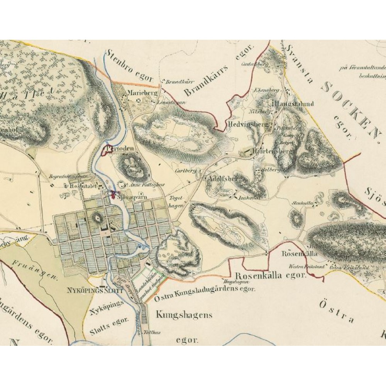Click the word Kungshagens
coord(184,315)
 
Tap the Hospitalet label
coord(79,186)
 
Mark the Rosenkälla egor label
coord(270,276)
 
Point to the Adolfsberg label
coord(223,179)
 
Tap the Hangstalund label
coord(294,103)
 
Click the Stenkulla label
coord(301,201)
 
